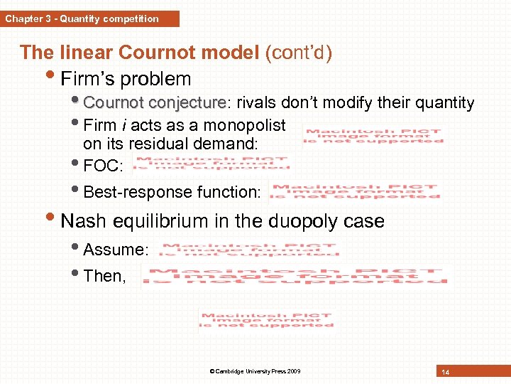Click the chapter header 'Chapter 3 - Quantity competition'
point(82,19)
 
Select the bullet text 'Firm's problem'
point(126,78)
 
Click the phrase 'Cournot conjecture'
point(153,103)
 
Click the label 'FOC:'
point(103,166)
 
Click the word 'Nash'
point(83,221)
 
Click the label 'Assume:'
point(116,250)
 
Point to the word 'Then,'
point(104,276)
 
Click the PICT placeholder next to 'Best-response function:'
point(355,191)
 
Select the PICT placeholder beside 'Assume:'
point(249,249)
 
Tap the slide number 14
point(446,372)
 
